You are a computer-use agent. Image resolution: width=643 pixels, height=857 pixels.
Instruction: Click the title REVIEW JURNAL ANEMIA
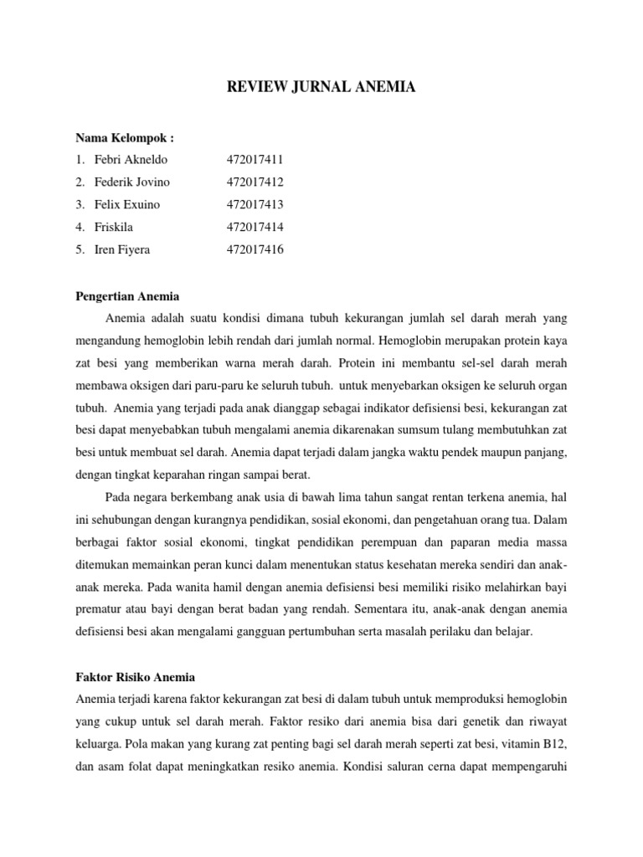[321, 86]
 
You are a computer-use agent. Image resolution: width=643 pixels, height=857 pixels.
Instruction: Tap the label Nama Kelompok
[124, 136]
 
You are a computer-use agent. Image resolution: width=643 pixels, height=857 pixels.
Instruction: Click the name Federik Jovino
[133, 182]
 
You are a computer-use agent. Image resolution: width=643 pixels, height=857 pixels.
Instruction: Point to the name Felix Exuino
[128, 204]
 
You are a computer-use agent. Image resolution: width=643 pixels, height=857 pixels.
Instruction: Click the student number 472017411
[255, 159]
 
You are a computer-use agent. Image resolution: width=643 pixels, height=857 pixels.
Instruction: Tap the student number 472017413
[255, 204]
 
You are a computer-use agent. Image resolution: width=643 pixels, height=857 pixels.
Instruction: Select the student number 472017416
[255, 249]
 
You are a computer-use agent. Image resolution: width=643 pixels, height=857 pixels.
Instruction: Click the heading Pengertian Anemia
[127, 295]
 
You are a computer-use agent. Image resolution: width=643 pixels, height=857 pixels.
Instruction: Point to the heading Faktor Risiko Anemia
[135, 676]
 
